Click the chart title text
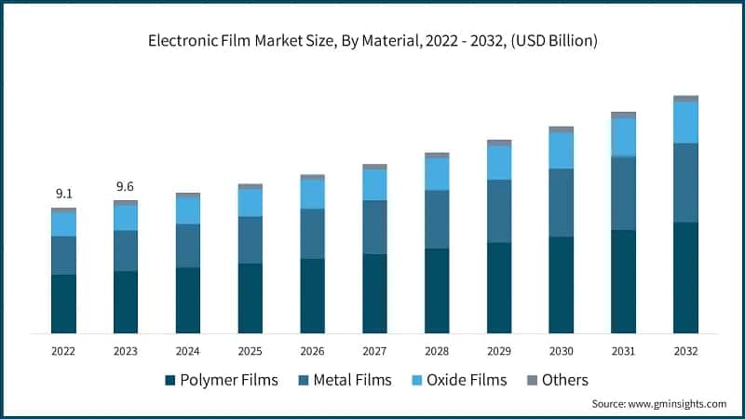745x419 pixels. (372, 41)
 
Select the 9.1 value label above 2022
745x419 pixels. (63, 194)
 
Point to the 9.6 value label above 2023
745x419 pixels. (126, 187)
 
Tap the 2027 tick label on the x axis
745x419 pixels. (374, 351)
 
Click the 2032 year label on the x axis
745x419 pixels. (685, 351)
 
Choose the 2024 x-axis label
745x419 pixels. (187, 351)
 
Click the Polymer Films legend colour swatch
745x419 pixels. (169, 380)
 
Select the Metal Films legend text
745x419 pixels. (353, 380)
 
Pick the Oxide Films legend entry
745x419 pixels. (463, 380)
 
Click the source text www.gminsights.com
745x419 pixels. (659, 404)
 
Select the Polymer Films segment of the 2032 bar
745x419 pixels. (685, 277)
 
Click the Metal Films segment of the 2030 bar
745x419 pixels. (561, 202)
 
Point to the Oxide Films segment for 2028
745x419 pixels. (437, 174)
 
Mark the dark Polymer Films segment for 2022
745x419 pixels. (63, 304)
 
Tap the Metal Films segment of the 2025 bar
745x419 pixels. (250, 240)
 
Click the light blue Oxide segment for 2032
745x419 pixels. (685, 122)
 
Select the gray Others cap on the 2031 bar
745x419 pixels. (623, 115)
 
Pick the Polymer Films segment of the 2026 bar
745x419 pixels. (312, 295)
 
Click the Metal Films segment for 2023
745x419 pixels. (126, 250)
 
